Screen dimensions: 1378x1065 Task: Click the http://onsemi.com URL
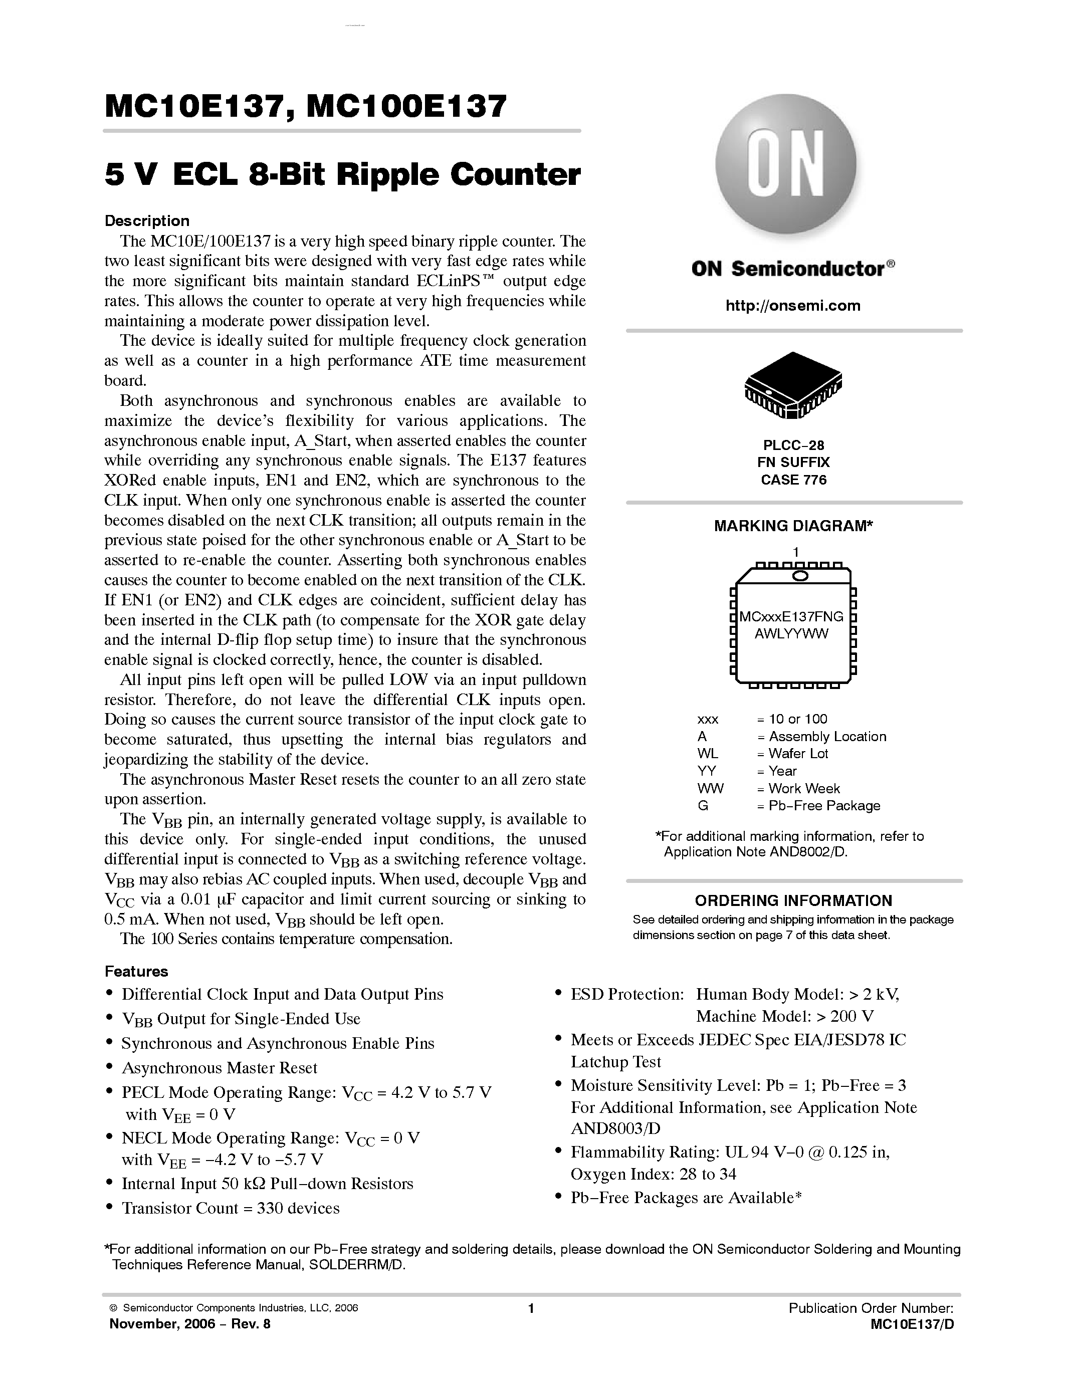[793, 306]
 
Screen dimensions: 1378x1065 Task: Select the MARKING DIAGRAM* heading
[793, 526]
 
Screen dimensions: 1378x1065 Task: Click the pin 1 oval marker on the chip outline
[800, 575]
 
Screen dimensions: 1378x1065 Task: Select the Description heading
[147, 221]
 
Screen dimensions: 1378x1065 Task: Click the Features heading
[136, 971]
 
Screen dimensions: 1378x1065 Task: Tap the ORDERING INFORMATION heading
[793, 900]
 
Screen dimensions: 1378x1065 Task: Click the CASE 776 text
[793, 480]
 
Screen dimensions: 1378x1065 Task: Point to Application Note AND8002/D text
[755, 852]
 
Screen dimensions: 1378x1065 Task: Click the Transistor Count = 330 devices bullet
[230, 1208]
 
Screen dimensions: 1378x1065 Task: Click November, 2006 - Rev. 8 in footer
[190, 1324]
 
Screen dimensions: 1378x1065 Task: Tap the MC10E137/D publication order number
[912, 1324]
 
